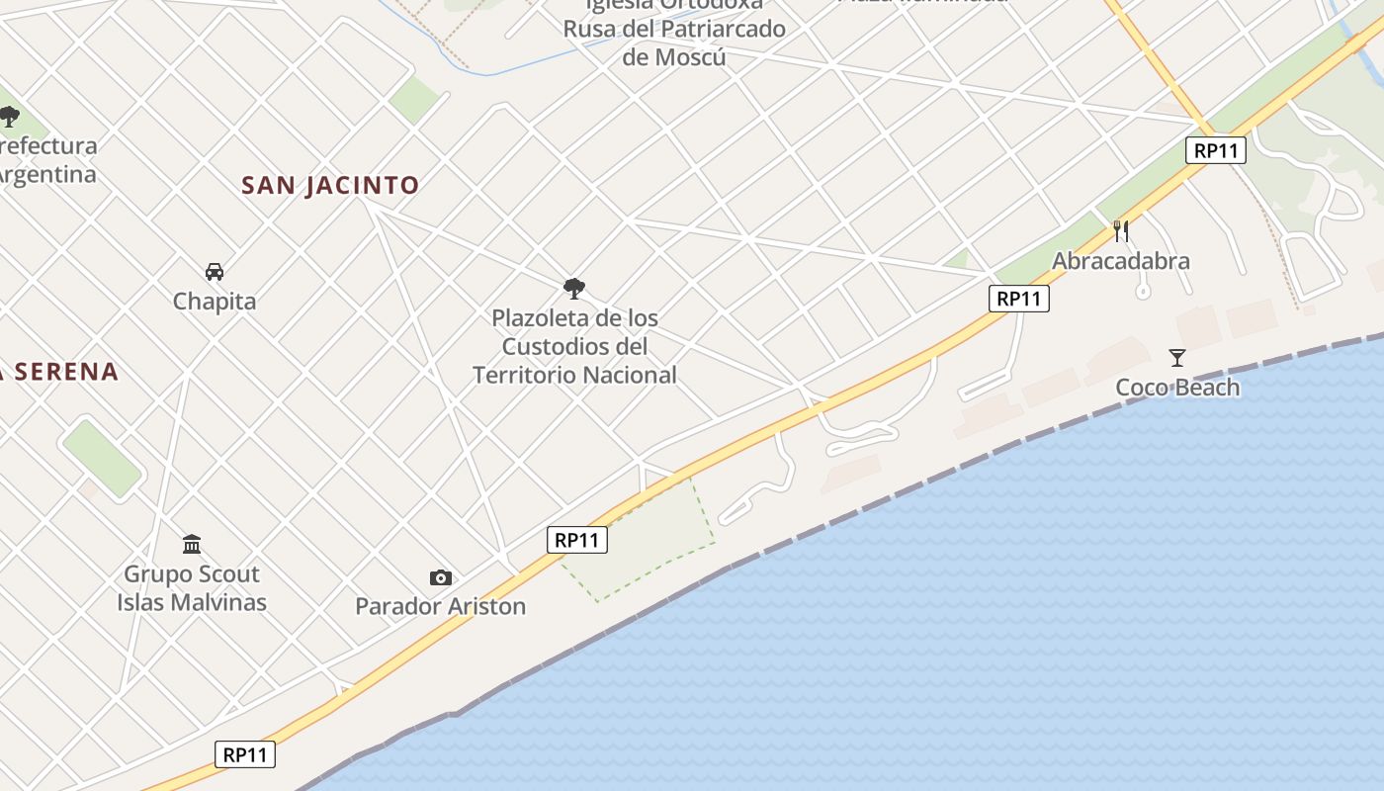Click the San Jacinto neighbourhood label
coord(330,185)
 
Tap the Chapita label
coord(215,301)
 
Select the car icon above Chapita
coord(215,271)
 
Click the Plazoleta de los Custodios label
coord(574,346)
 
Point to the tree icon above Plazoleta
coord(573,289)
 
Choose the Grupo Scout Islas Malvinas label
coord(192,587)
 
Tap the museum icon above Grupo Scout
coord(192,544)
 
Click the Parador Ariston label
coord(440,606)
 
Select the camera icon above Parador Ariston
coord(441,577)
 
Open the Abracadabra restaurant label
coord(1120,261)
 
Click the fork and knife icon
coord(1121,231)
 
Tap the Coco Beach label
coord(1177,387)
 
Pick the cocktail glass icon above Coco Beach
coord(1177,357)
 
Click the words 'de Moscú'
coord(674,56)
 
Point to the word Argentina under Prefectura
coord(47,175)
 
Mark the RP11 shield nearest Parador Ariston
coord(576,540)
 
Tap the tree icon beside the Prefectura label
coord(10,118)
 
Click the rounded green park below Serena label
coord(102,459)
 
